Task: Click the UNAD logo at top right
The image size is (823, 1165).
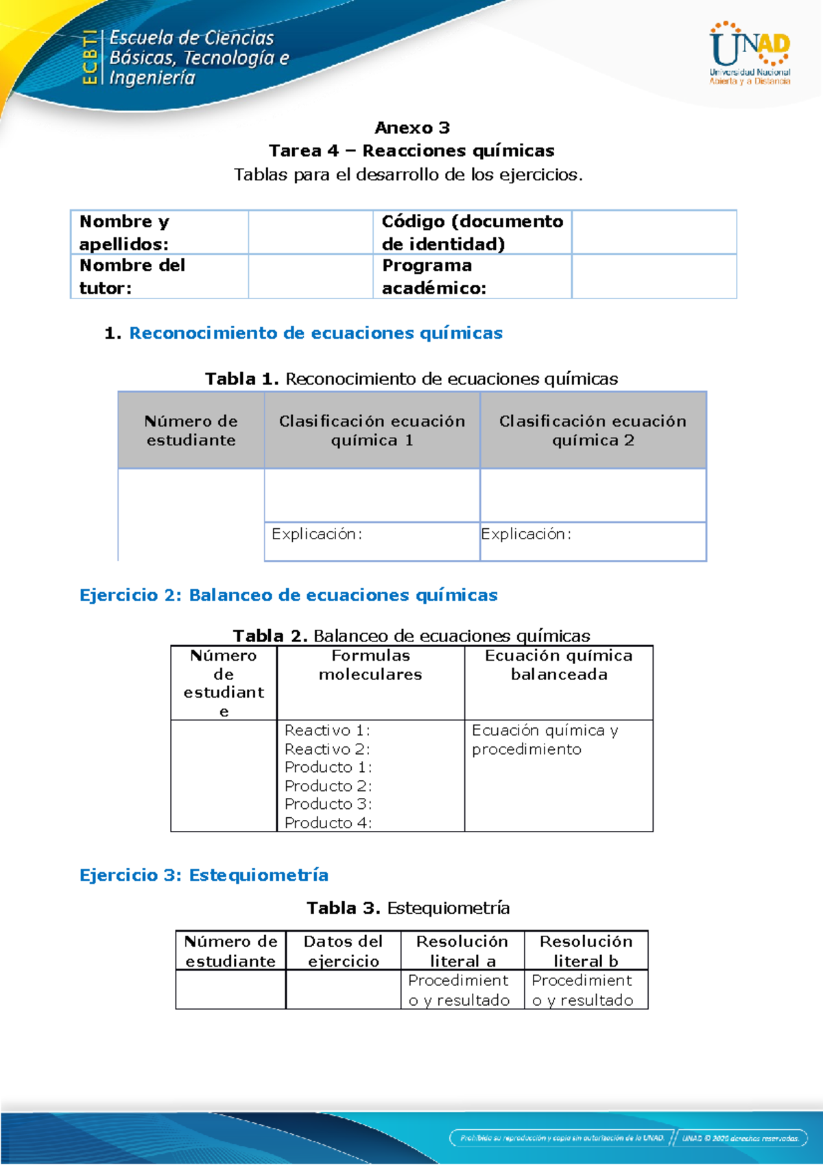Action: point(750,54)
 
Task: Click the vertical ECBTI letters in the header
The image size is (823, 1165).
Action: point(89,58)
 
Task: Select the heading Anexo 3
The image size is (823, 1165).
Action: point(412,128)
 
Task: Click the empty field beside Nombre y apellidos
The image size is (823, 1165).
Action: point(310,233)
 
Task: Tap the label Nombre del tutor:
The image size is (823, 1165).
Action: point(132,276)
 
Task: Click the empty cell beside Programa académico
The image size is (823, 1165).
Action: point(654,276)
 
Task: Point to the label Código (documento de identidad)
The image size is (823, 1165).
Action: point(472,233)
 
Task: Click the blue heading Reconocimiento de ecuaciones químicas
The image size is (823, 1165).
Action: point(315,333)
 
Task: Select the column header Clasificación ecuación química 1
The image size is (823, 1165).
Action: point(372,431)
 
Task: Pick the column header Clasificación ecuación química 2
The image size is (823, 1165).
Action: point(593,431)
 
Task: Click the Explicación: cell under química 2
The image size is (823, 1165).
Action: point(593,541)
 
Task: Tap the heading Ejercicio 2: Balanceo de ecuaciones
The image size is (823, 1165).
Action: point(288,596)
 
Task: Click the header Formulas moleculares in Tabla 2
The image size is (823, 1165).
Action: point(370,665)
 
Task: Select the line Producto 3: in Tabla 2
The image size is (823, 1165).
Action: point(328,803)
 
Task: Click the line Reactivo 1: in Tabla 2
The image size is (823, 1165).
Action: point(327,730)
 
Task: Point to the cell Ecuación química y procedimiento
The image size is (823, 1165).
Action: point(545,740)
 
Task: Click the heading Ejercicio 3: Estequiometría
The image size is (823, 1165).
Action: point(204,875)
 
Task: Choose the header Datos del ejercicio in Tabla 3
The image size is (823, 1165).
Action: point(343,951)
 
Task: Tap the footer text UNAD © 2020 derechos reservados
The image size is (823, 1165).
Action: point(740,1138)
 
